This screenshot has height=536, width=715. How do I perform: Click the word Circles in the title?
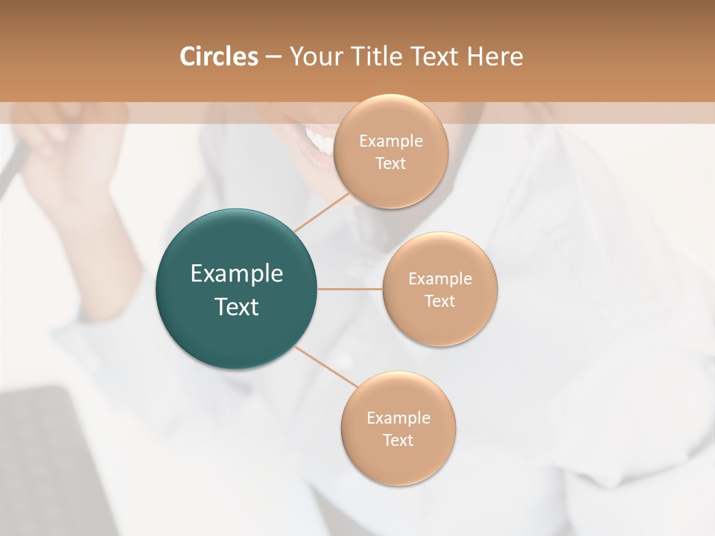(x=218, y=57)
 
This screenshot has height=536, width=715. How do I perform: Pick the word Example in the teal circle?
(x=237, y=274)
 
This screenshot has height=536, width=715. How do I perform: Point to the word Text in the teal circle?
(x=237, y=307)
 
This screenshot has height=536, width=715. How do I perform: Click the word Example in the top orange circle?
(x=390, y=141)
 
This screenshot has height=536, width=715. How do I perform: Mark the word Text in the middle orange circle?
(x=440, y=301)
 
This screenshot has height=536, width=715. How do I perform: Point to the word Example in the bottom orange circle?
(x=398, y=418)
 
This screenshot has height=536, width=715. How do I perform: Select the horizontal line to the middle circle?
(x=350, y=289)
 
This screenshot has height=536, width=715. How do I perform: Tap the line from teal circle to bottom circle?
(x=326, y=366)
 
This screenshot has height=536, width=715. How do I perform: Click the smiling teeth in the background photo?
(x=319, y=139)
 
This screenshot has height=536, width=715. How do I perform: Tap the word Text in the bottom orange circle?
(x=398, y=440)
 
